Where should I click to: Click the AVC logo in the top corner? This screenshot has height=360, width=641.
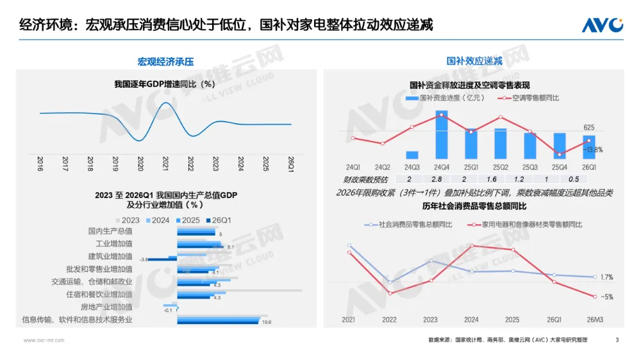[602, 25]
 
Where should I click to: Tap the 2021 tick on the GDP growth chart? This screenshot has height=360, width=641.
[165, 164]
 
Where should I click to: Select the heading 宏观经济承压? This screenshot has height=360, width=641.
[165, 62]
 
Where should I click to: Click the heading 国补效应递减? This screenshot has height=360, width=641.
[474, 61]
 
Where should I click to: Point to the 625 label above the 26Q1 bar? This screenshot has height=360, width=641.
[589, 127]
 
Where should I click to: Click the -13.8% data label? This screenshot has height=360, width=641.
[594, 149]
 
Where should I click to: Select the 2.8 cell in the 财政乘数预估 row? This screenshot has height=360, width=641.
[438, 179]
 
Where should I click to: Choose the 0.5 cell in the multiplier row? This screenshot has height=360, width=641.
[574, 179]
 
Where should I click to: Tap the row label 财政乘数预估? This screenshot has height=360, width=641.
[363, 179]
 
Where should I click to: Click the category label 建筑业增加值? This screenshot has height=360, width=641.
[110, 256]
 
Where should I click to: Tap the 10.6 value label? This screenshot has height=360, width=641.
[267, 322]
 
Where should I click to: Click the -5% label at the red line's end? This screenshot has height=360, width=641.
[608, 297]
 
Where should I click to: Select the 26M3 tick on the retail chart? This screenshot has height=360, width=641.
[595, 319]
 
